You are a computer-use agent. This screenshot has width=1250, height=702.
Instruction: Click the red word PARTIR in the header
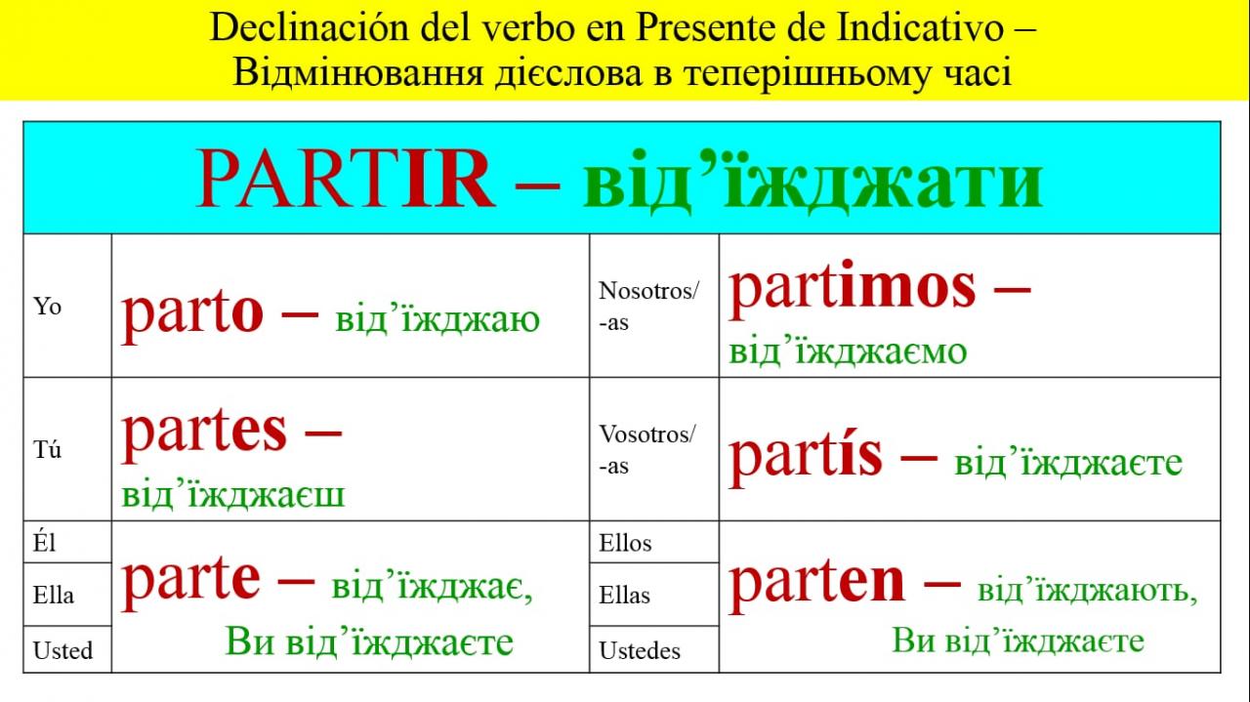[346, 179]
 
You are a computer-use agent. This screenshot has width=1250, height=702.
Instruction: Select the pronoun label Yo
[47, 306]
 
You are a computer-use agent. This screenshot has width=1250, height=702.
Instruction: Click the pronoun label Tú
[47, 449]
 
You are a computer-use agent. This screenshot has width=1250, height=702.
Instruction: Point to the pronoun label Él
[45, 542]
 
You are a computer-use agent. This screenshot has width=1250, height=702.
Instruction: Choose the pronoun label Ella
[54, 595]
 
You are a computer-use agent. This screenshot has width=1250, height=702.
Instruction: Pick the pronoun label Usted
[63, 650]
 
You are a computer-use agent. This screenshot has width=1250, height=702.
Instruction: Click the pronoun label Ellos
[625, 543]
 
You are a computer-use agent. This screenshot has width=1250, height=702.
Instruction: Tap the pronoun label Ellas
[624, 595]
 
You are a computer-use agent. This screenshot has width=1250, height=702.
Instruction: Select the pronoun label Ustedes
[640, 650]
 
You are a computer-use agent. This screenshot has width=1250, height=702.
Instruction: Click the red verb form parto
[192, 314]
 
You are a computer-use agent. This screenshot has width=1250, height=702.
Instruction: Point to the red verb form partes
[204, 434]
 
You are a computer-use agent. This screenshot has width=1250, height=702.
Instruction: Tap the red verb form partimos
[853, 290]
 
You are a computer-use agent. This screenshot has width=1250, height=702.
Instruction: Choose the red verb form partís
[806, 458]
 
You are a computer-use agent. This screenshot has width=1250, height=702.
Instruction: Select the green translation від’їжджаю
[437, 319]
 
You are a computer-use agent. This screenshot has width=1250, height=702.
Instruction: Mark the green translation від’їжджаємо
[848, 351]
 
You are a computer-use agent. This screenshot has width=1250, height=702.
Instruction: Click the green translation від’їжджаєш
[233, 494]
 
